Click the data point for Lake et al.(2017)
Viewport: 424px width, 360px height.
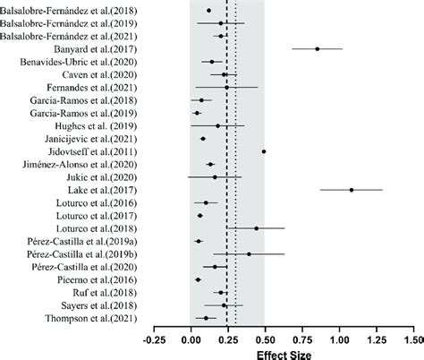(352, 190)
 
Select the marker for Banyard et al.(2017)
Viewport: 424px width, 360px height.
(318, 49)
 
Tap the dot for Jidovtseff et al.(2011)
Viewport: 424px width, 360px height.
(264, 151)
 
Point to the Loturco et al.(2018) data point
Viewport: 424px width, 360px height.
(257, 228)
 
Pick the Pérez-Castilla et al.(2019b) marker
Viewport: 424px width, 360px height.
(249, 253)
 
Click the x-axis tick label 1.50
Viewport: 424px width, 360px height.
(412, 340)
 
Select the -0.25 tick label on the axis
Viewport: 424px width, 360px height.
(154, 340)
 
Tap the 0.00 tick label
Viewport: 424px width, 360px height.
(191, 340)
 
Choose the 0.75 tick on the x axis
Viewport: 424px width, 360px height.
(301, 340)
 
